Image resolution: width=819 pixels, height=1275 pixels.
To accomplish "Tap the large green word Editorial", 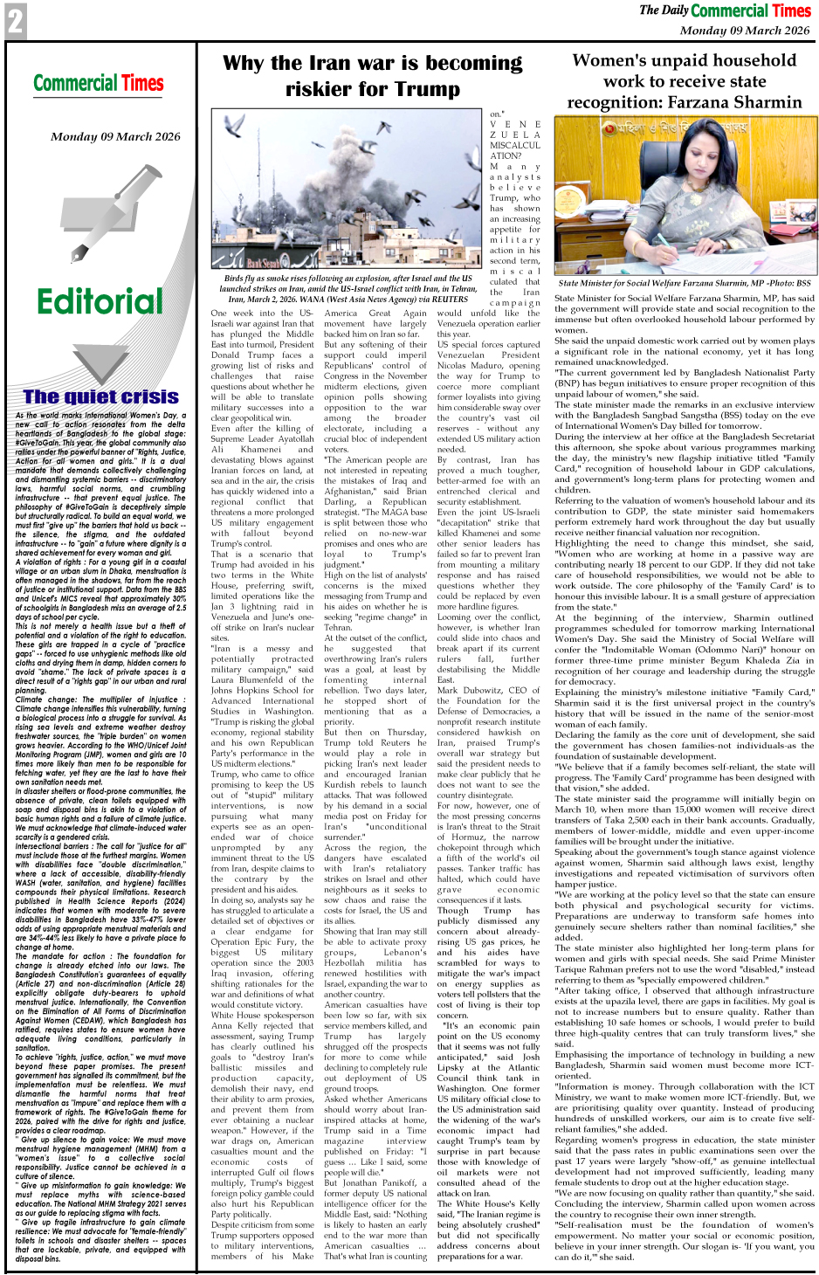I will pos(100,302).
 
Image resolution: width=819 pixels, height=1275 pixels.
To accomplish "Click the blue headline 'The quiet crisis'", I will pos(100,397).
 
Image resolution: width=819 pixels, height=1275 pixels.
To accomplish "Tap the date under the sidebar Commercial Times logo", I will pos(115,137).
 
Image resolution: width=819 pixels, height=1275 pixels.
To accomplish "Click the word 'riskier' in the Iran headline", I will pos(322,89).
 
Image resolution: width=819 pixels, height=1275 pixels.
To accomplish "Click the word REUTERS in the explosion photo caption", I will pos(451,300).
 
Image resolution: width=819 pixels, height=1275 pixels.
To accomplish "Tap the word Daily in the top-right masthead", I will pos(675,10).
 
